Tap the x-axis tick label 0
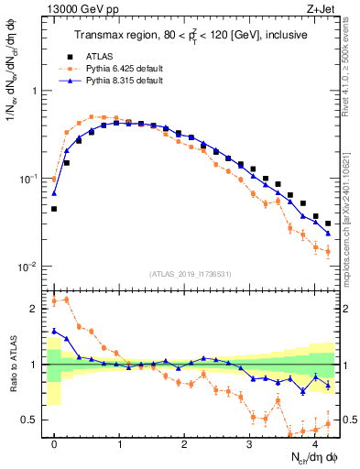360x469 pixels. pyautogui.click(x=54, y=444)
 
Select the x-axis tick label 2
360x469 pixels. pyautogui.click(x=184, y=444)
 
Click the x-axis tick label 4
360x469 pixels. pyautogui.click(x=314, y=444)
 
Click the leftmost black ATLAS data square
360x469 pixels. pyautogui.click(x=54, y=209)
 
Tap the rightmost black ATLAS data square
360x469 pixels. pyautogui.click(x=327, y=224)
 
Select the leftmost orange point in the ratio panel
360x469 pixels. pyautogui.click(x=54, y=301)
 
